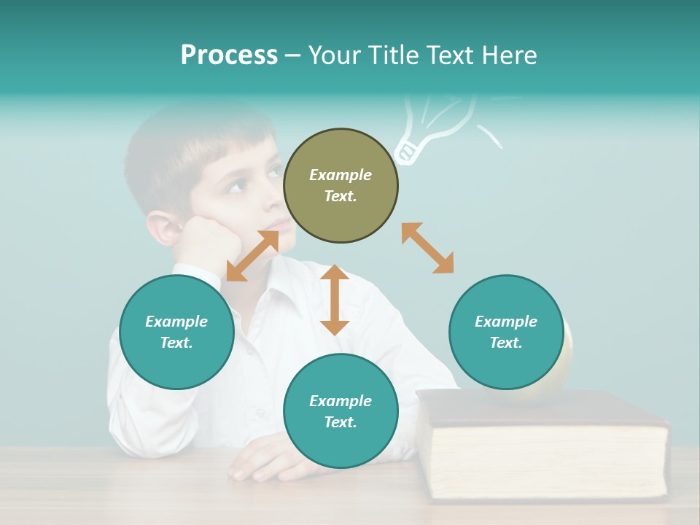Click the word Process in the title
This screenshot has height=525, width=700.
229,55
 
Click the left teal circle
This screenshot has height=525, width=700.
176,332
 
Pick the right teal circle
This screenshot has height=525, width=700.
505,332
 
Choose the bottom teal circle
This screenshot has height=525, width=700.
341,411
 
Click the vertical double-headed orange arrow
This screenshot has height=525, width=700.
335,300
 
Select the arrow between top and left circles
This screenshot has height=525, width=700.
252,256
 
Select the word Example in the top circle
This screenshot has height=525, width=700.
341,175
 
